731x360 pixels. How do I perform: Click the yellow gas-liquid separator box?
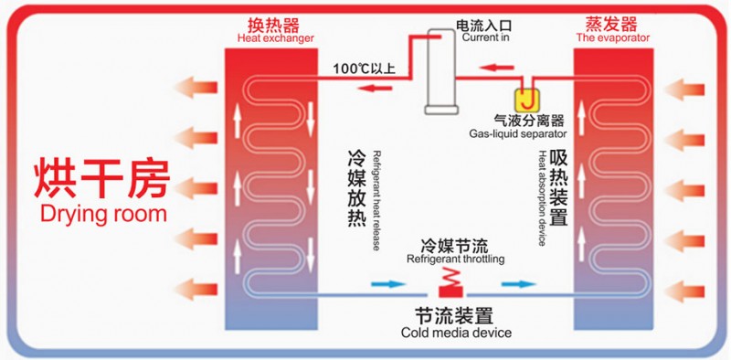click(527, 99)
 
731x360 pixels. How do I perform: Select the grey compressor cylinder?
click(440, 71)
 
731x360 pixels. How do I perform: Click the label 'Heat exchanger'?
click(276, 38)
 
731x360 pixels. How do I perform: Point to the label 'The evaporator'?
click(612, 37)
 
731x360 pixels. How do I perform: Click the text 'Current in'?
click(486, 37)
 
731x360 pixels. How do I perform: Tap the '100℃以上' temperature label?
click(365, 69)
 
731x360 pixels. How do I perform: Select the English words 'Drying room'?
click(103, 214)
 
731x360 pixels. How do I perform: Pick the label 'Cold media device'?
click(456, 333)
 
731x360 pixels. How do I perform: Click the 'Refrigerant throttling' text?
click(455, 259)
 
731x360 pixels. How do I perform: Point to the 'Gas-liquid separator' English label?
click(517, 134)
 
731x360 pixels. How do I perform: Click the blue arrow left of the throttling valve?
click(388, 283)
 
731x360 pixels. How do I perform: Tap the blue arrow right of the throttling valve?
click(519, 283)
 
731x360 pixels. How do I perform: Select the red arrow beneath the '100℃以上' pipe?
click(375, 88)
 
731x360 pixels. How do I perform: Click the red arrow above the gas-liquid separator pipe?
click(497, 69)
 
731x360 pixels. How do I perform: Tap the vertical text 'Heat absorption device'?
click(542, 197)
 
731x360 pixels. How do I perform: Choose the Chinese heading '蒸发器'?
click(611, 24)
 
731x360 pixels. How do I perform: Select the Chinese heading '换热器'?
click(273, 25)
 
